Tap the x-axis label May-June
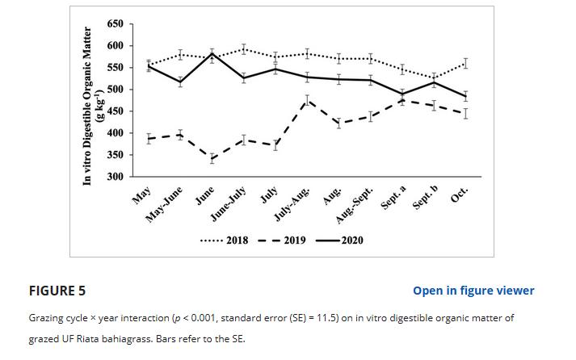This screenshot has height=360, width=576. (x=165, y=205)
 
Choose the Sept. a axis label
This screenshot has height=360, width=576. (x=393, y=200)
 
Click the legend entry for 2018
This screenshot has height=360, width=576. (x=225, y=241)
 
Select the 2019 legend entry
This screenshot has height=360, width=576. (x=282, y=241)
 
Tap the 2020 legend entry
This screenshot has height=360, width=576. (x=340, y=241)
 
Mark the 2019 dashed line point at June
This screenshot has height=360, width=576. (x=212, y=158)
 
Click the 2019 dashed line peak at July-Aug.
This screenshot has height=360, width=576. (x=308, y=100)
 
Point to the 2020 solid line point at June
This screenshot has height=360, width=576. (x=212, y=54)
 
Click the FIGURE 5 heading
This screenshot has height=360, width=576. (x=57, y=291)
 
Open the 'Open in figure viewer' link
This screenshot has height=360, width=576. (x=473, y=291)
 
